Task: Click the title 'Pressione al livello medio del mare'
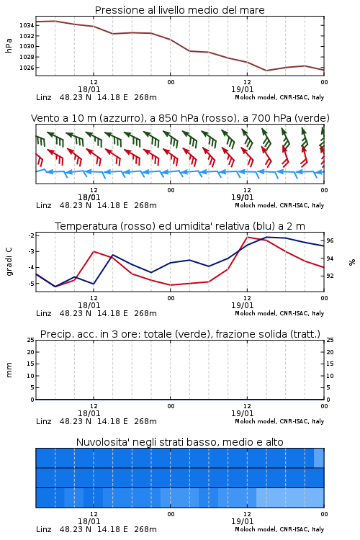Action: tap(179, 10)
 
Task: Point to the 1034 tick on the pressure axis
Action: tap(27, 25)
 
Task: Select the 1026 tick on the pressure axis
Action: tap(27, 68)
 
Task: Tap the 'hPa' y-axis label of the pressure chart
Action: tap(9, 45)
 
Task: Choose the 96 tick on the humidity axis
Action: tap(330, 240)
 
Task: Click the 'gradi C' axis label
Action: tap(9, 262)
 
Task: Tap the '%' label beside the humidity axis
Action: tap(352, 262)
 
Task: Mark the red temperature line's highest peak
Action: tap(247, 237)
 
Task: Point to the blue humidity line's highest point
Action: tap(266, 237)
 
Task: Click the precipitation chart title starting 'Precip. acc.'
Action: tap(180, 334)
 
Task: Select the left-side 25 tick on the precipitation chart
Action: tap(31, 340)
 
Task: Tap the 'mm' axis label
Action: tap(9, 370)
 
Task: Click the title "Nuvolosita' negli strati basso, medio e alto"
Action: tap(179, 442)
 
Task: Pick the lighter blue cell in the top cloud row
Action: tap(319, 458)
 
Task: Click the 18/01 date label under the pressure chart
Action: tap(89, 89)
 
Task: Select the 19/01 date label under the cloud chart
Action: tap(242, 521)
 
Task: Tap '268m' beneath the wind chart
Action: tap(145, 205)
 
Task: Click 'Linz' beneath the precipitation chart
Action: tap(44, 421)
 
